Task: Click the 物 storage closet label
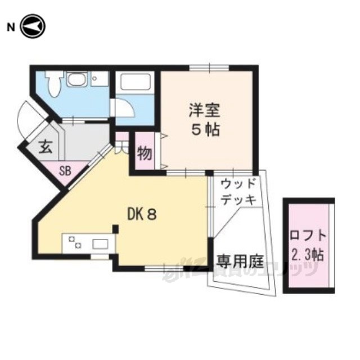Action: coord(145,152)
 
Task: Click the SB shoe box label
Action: coord(66,170)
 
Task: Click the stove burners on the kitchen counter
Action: coord(75,242)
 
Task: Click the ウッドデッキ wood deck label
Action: coord(238,191)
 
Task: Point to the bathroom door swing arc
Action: coord(128,107)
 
